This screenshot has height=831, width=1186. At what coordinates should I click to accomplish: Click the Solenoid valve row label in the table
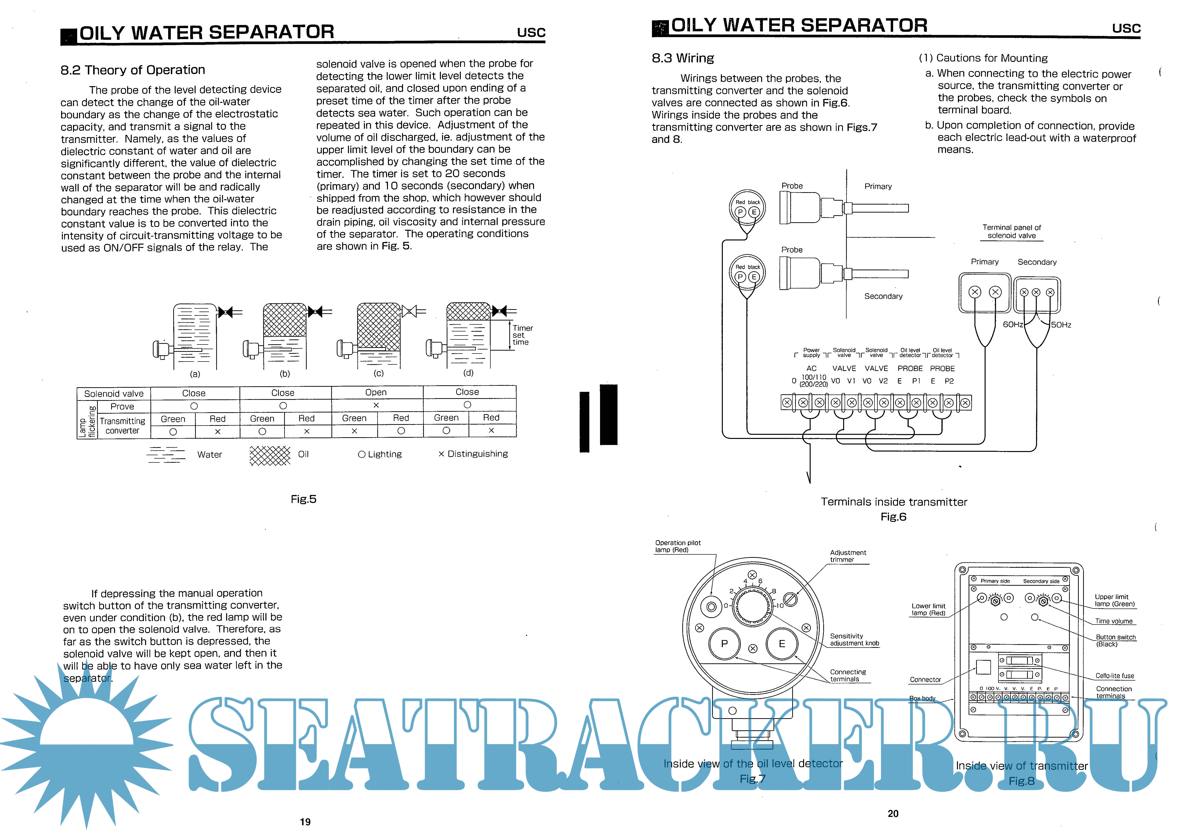pos(114,394)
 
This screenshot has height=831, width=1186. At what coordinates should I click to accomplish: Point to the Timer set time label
pos(522,335)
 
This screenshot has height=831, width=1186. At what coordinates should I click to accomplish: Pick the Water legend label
pos(209,454)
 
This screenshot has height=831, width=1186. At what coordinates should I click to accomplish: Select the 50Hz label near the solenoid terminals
pos(1061,325)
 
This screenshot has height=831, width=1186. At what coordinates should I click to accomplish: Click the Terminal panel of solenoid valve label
pos(1011,231)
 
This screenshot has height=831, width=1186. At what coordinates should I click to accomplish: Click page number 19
pos(305,822)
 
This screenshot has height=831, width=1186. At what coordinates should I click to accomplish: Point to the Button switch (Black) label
pos(1116,641)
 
